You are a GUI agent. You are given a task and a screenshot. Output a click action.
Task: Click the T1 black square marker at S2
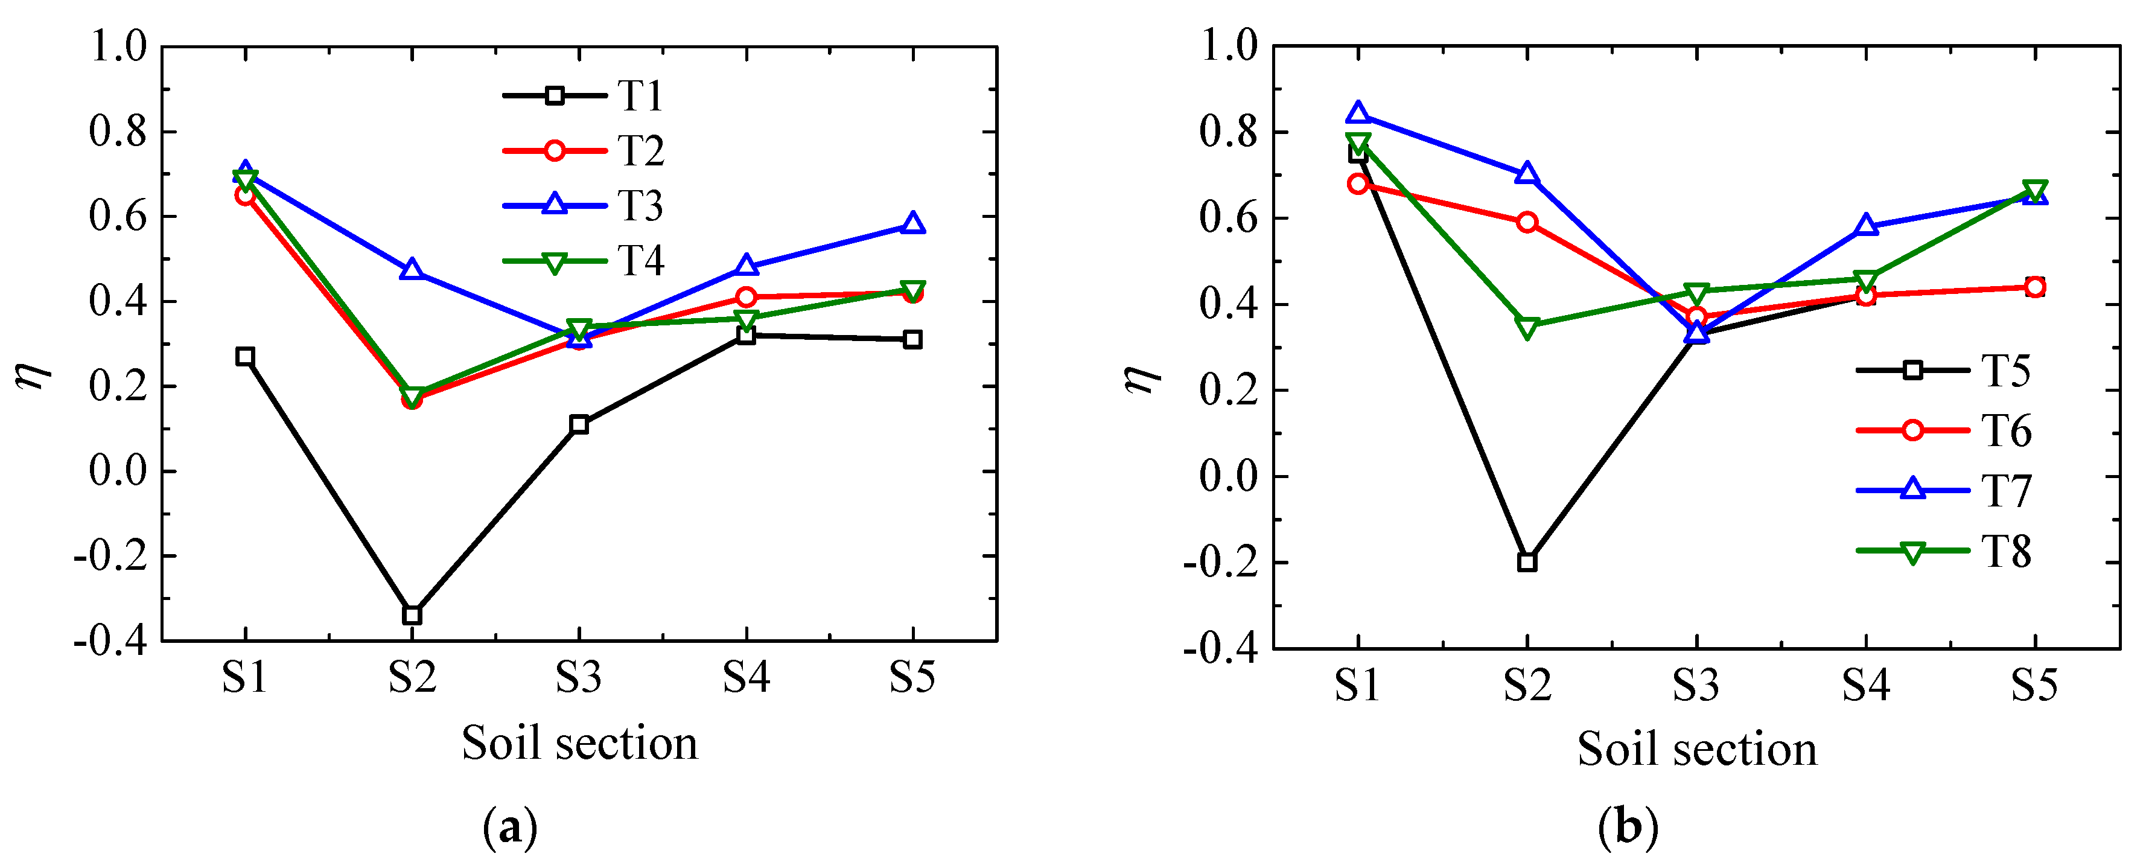(412, 614)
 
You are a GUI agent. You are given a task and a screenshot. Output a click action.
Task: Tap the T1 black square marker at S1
(244, 356)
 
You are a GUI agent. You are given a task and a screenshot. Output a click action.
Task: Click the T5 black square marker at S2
(1527, 561)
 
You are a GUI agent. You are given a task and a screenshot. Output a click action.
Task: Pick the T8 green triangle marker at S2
(1527, 328)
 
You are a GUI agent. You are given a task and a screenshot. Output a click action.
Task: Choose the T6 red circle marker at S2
(1527, 222)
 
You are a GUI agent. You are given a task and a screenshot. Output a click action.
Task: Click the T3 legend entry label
(640, 206)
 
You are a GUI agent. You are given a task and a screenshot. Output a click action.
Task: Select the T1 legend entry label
(640, 96)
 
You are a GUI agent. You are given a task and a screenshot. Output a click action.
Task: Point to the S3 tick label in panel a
(578, 677)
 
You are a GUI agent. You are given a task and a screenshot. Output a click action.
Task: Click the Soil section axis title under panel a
(579, 743)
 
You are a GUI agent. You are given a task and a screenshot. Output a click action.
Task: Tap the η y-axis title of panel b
(1142, 377)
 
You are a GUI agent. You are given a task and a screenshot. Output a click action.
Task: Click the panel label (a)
(510, 828)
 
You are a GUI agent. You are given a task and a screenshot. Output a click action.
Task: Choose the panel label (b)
(1628, 828)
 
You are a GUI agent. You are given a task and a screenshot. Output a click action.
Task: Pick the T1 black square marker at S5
(912, 339)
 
